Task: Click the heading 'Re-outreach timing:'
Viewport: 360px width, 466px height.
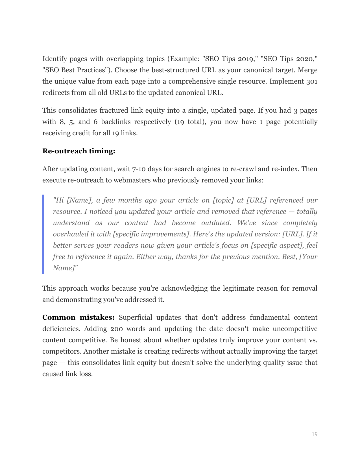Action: coord(78,151)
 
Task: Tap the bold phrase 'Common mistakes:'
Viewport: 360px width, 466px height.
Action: coord(78,317)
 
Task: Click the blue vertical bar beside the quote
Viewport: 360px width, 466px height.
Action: coord(43,234)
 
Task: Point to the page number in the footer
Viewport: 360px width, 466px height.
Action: coord(315,434)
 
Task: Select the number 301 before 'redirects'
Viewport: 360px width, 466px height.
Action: coord(312,81)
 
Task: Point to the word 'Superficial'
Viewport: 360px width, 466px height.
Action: coord(135,317)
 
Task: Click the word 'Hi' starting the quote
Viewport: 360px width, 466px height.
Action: coord(59,200)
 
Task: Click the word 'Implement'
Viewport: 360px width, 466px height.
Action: coord(286,81)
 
